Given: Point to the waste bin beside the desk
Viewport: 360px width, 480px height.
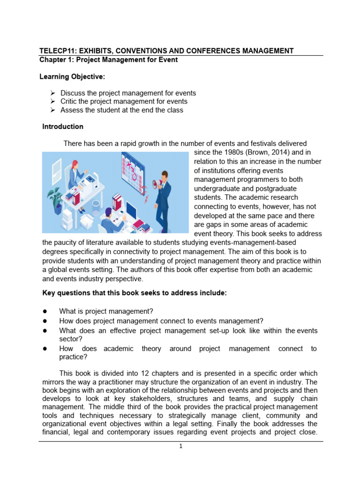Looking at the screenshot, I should click(x=97, y=204).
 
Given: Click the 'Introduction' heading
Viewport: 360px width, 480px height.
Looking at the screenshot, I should click(x=63, y=127).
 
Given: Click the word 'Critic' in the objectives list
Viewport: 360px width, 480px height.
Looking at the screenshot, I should click(x=70, y=101).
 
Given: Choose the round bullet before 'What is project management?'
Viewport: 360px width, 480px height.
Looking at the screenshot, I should click(x=45, y=311).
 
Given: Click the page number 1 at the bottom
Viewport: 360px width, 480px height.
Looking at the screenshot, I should click(x=180, y=446).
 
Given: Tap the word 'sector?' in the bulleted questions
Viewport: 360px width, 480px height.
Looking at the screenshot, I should click(x=71, y=339).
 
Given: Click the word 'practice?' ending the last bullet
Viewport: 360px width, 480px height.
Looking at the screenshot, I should click(x=73, y=357).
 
